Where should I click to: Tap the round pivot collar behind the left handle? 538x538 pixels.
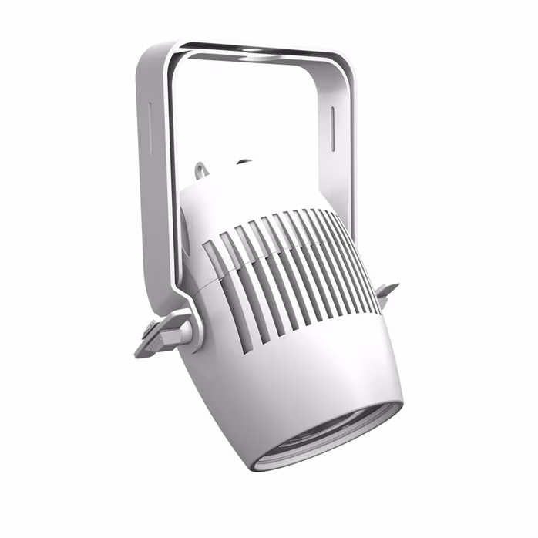point(193,328)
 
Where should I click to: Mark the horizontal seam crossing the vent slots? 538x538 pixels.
point(285,254)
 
